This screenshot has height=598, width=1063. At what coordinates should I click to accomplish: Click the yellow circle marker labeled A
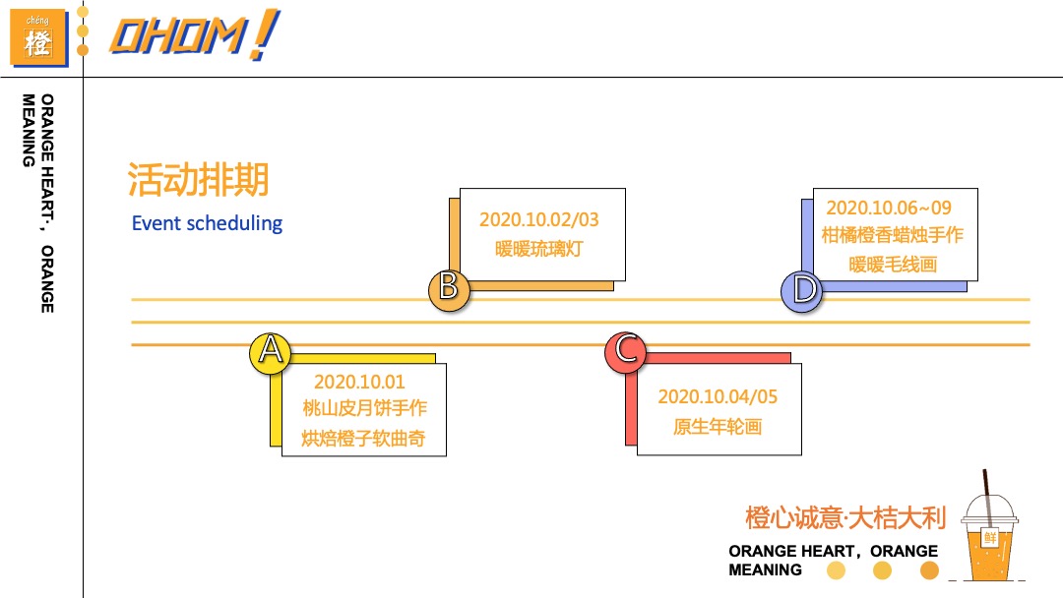pyautogui.click(x=270, y=351)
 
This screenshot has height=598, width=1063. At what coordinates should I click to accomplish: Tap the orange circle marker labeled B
pyautogui.click(x=448, y=289)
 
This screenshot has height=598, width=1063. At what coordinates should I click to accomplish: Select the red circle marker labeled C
pyautogui.click(x=625, y=351)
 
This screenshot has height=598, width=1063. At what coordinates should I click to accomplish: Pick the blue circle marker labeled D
pyautogui.click(x=803, y=290)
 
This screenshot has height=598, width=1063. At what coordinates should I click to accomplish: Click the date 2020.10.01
pyautogui.click(x=359, y=382)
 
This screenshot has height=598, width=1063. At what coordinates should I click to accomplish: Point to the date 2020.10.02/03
pyautogui.click(x=538, y=219)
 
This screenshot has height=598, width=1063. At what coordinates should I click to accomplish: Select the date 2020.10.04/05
pyautogui.click(x=718, y=397)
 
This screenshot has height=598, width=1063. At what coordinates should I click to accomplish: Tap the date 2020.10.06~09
pyautogui.click(x=889, y=208)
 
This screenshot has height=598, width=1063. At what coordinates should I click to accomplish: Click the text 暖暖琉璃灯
pyautogui.click(x=538, y=249)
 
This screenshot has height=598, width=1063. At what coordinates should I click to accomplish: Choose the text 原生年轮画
pyautogui.click(x=718, y=427)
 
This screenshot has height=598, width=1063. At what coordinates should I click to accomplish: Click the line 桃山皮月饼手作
pyautogui.click(x=364, y=408)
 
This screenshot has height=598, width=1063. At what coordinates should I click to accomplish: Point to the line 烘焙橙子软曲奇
pyautogui.click(x=363, y=439)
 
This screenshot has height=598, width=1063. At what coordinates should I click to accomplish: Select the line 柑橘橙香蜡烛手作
pyautogui.click(x=892, y=236)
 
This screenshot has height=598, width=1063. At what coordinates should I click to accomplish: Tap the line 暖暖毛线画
pyautogui.click(x=892, y=265)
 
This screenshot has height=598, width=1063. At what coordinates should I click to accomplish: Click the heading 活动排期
pyautogui.click(x=198, y=181)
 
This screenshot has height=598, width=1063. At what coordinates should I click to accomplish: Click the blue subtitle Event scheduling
pyautogui.click(x=207, y=223)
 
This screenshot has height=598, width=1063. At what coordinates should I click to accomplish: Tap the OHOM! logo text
pyautogui.click(x=192, y=36)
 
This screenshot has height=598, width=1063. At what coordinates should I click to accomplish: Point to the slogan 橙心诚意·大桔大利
pyautogui.click(x=844, y=517)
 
